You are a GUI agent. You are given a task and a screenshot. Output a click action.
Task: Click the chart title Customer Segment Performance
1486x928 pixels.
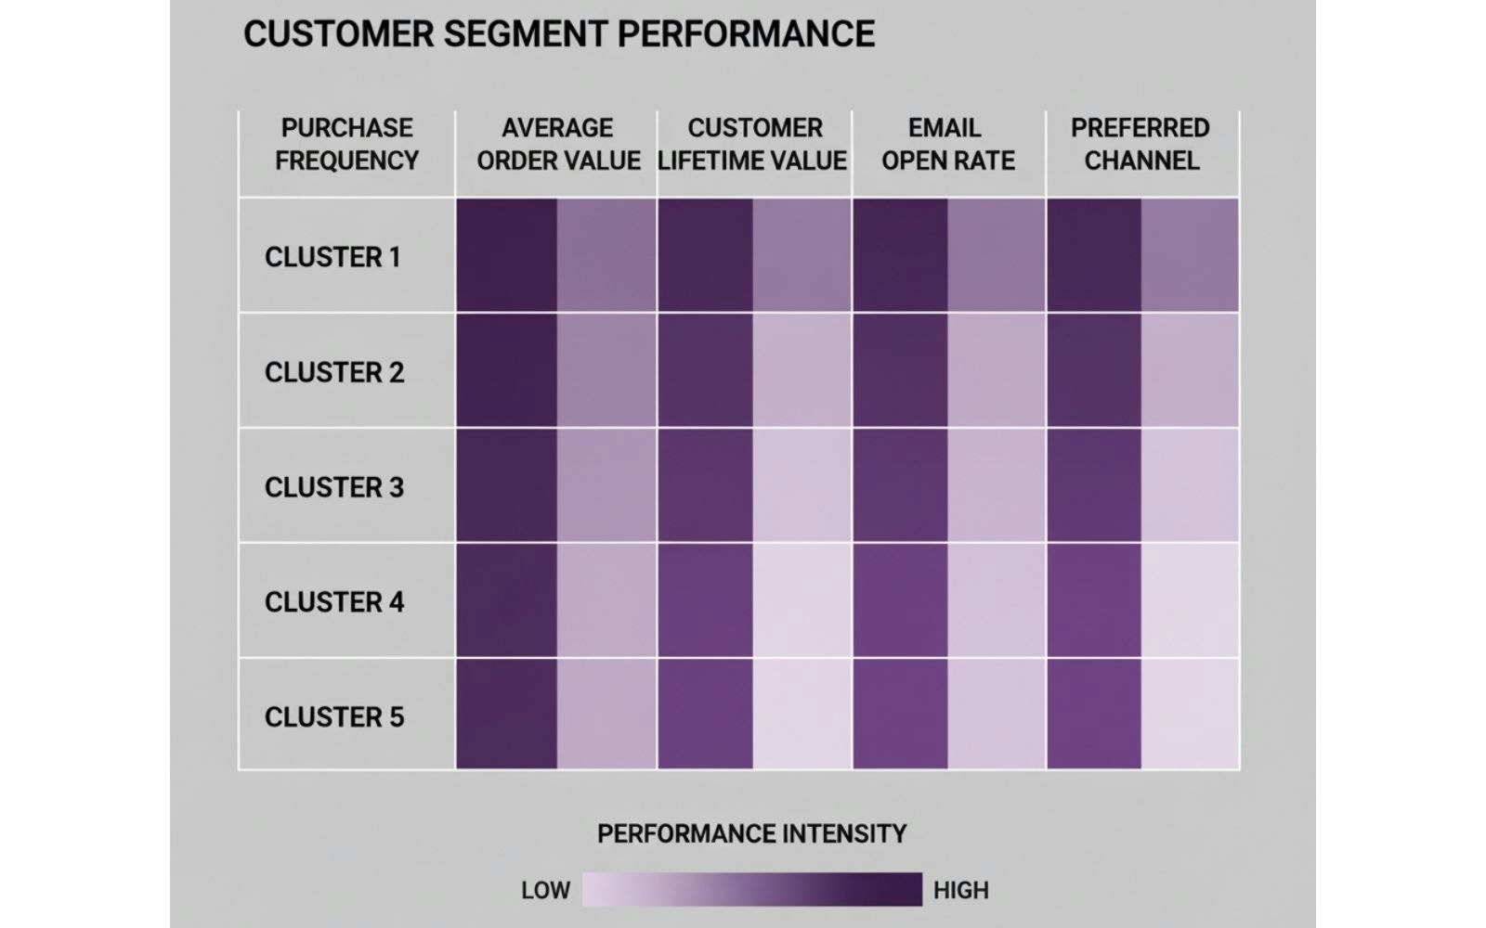(x=558, y=34)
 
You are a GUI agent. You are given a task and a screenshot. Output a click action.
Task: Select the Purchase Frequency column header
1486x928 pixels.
(x=346, y=144)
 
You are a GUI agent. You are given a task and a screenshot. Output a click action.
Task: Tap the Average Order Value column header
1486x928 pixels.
(x=557, y=144)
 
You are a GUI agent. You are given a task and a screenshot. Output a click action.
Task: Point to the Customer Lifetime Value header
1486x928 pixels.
(x=753, y=144)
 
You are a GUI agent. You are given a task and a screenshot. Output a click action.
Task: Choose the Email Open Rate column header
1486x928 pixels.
(x=947, y=144)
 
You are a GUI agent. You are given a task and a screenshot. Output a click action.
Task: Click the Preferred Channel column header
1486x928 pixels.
(x=1141, y=144)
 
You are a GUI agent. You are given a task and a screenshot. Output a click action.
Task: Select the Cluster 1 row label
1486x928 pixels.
(x=332, y=257)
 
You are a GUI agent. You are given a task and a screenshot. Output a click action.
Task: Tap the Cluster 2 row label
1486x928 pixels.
(x=334, y=372)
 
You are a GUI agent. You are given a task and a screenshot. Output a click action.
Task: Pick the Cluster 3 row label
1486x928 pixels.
(x=334, y=487)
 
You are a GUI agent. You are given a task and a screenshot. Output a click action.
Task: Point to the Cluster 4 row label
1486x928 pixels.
(x=334, y=602)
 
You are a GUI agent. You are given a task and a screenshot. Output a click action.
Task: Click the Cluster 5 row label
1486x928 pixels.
(x=334, y=717)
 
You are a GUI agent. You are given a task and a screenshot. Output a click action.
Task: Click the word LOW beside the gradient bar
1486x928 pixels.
(x=545, y=891)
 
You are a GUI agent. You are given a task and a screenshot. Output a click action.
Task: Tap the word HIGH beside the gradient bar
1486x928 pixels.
(x=960, y=891)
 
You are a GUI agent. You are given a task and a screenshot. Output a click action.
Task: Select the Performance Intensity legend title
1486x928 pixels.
(x=751, y=834)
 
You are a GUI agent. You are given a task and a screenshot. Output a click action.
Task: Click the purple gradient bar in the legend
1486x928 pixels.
(x=751, y=889)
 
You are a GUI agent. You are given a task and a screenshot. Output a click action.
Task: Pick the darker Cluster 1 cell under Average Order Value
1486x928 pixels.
(x=507, y=255)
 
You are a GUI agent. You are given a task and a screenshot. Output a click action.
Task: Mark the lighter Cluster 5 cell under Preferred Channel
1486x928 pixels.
(x=1190, y=714)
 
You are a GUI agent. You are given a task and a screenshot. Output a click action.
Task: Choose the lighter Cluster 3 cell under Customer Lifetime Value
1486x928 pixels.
(x=802, y=485)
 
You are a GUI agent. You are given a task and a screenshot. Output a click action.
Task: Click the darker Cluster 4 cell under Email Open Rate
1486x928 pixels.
(x=900, y=600)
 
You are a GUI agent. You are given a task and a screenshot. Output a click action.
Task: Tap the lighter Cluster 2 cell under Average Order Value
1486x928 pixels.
(x=606, y=370)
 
